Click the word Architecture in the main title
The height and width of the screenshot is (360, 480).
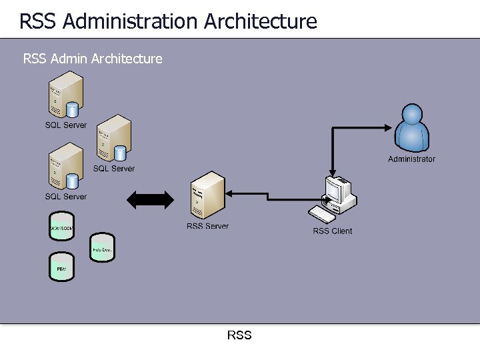261,21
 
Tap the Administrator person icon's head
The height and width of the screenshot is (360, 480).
412,114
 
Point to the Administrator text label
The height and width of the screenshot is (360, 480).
411,159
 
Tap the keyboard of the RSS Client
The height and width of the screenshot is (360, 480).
324,215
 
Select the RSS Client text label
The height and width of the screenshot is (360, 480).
332,231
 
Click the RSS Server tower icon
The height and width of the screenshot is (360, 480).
207,195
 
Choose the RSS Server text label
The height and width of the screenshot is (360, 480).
207,226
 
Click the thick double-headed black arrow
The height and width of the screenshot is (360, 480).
150,199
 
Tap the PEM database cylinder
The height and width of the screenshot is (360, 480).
61,268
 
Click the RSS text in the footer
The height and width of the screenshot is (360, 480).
239,335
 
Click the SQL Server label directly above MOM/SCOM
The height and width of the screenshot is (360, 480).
65,197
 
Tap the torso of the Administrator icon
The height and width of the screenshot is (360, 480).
412,139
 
